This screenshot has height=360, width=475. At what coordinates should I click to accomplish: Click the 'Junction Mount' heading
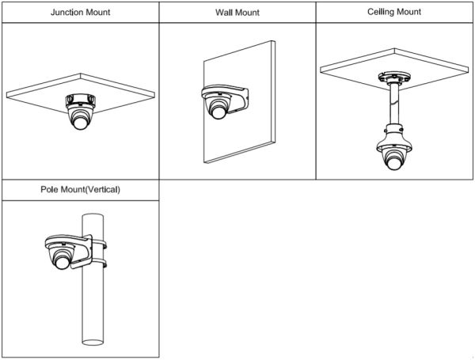click(x=79, y=13)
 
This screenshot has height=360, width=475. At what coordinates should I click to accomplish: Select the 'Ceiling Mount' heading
click(x=394, y=13)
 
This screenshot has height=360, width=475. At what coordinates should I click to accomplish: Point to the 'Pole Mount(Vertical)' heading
click(x=79, y=191)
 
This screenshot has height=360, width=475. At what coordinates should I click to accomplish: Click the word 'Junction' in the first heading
click(x=66, y=13)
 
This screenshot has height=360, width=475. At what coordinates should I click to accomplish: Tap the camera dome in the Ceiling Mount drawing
click(x=393, y=155)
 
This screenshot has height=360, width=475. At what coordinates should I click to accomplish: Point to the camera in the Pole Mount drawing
click(x=63, y=257)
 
